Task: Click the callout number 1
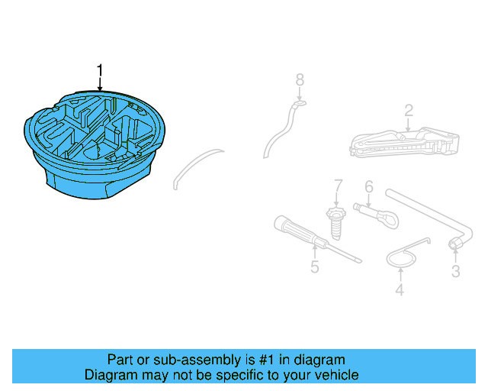(x=99, y=71)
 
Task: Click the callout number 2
(x=409, y=110)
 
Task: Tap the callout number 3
(x=456, y=271)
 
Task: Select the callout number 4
(x=399, y=290)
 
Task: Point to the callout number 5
(x=314, y=267)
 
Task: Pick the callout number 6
(x=368, y=186)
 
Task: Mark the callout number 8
(x=300, y=79)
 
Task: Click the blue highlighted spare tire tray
(x=95, y=145)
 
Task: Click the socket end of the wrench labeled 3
(x=455, y=245)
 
